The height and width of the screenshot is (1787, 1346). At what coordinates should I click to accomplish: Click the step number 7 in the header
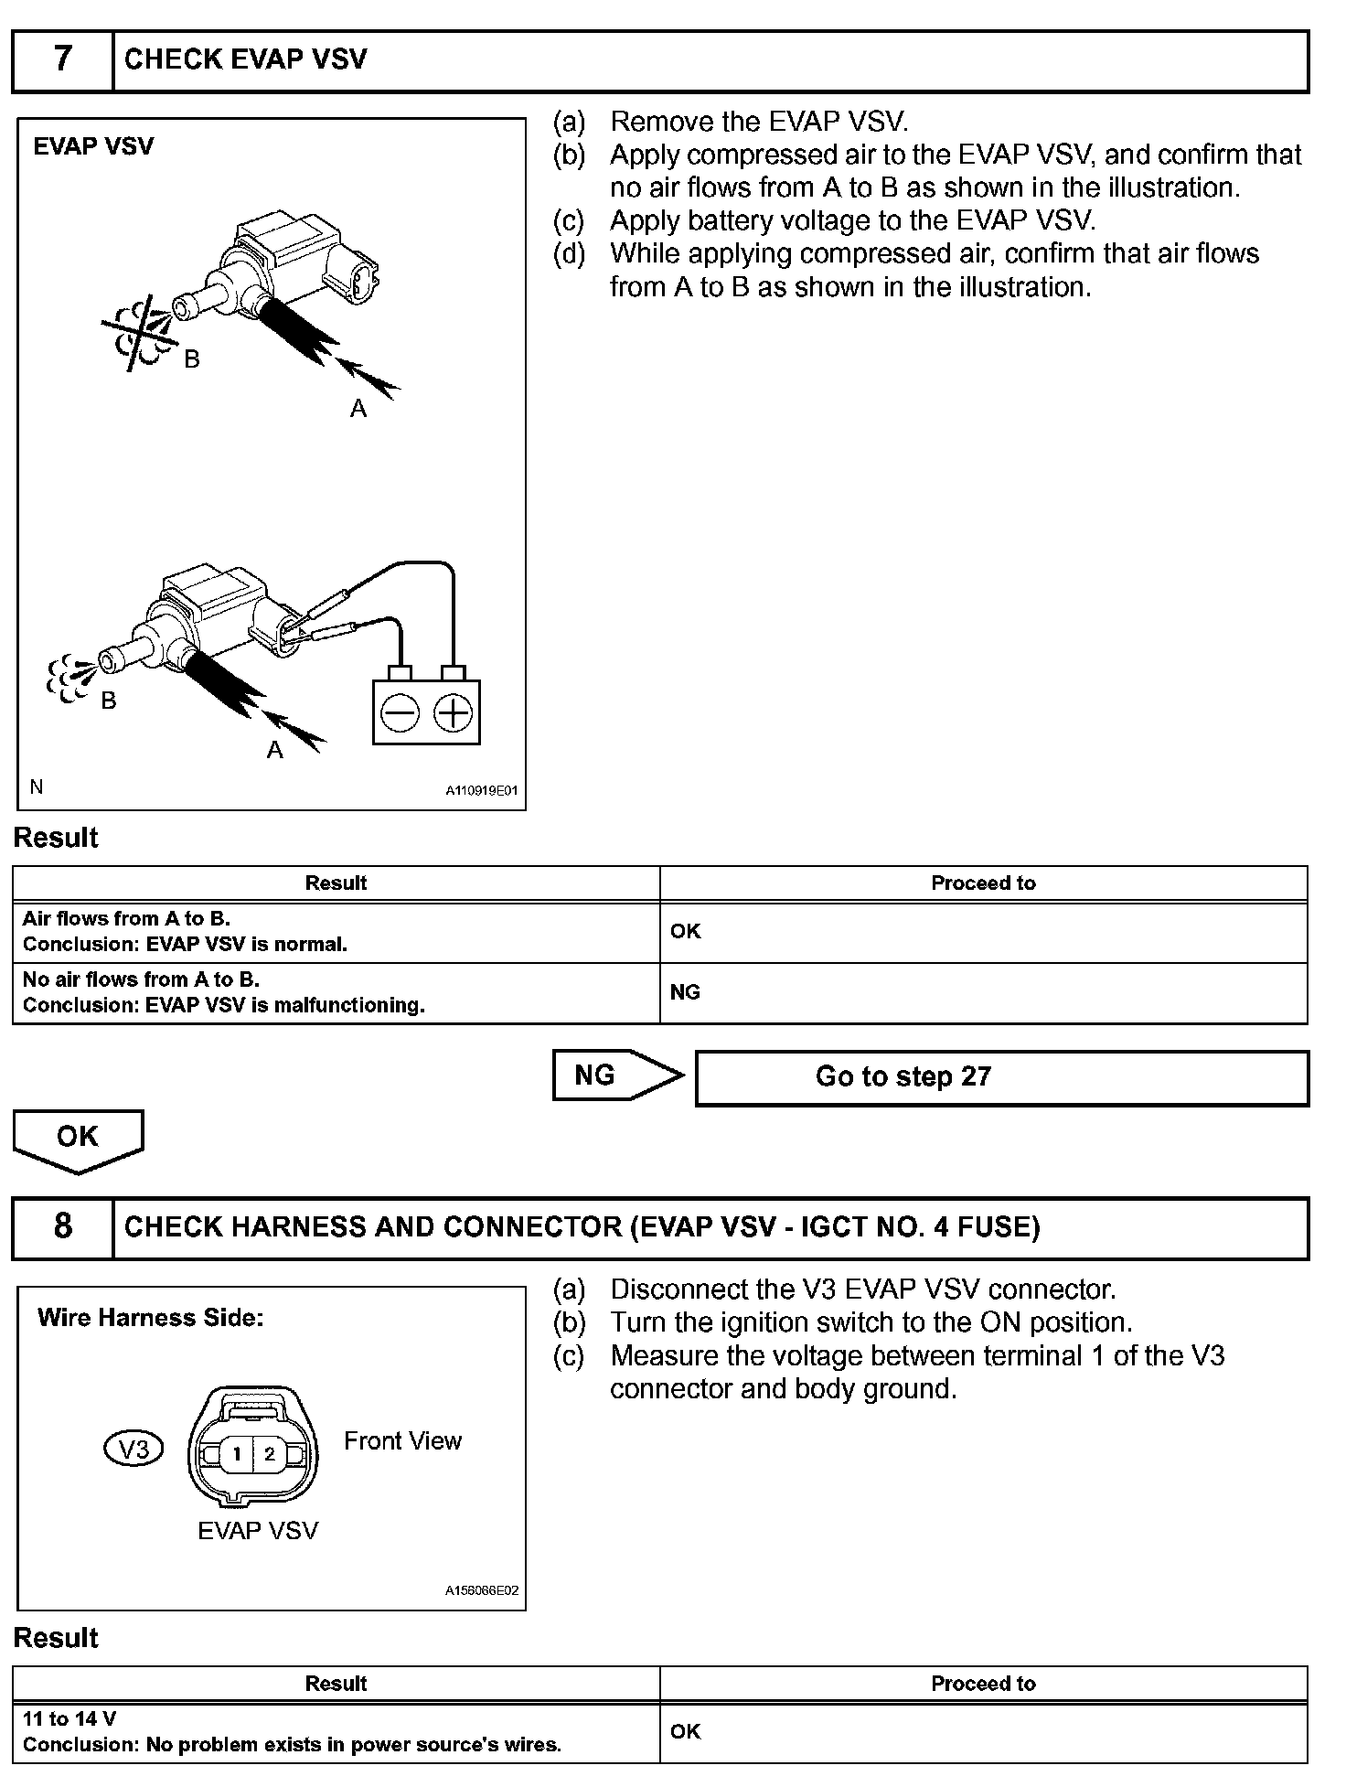(62, 59)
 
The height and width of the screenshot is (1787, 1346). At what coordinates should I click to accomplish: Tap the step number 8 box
(62, 1226)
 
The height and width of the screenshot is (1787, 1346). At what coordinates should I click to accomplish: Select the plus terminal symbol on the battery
(453, 713)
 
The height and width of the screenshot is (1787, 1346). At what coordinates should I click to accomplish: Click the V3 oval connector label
(134, 1450)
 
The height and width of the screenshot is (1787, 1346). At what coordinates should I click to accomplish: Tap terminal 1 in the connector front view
(237, 1453)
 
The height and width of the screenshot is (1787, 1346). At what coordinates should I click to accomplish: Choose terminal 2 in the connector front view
(269, 1453)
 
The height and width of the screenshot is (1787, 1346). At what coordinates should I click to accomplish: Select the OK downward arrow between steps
(78, 1139)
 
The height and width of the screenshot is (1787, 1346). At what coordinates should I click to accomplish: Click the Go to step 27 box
(1001, 1077)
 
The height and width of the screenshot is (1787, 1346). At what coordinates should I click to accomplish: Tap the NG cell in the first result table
(983, 992)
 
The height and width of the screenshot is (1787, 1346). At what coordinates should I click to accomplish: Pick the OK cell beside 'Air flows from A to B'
(983, 932)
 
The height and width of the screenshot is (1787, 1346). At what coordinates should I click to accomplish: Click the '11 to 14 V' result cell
(336, 1731)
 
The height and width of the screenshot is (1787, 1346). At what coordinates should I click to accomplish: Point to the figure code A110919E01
(481, 790)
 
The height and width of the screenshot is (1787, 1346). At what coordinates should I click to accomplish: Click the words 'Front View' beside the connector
(402, 1441)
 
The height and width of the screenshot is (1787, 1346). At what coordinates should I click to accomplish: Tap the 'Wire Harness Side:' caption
(150, 1318)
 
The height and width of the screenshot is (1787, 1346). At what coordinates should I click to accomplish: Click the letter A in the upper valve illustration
(358, 409)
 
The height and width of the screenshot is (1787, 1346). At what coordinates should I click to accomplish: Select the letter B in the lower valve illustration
(109, 701)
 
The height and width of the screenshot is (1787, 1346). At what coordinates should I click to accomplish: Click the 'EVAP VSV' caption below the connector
(258, 1531)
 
